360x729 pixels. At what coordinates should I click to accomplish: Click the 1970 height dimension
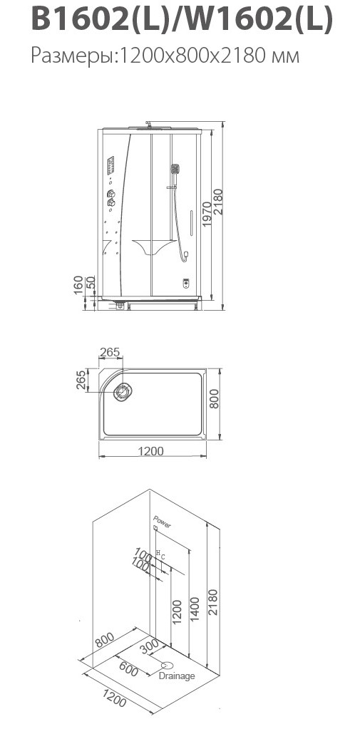tap(207, 213)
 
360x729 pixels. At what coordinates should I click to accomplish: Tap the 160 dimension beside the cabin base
tap(78, 284)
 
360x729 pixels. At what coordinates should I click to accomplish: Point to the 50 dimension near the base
tap(91, 281)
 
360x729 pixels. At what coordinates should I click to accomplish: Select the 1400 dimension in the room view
tap(195, 610)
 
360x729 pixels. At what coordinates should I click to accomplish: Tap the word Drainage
tap(177, 676)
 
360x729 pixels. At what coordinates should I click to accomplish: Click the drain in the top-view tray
tap(123, 392)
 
